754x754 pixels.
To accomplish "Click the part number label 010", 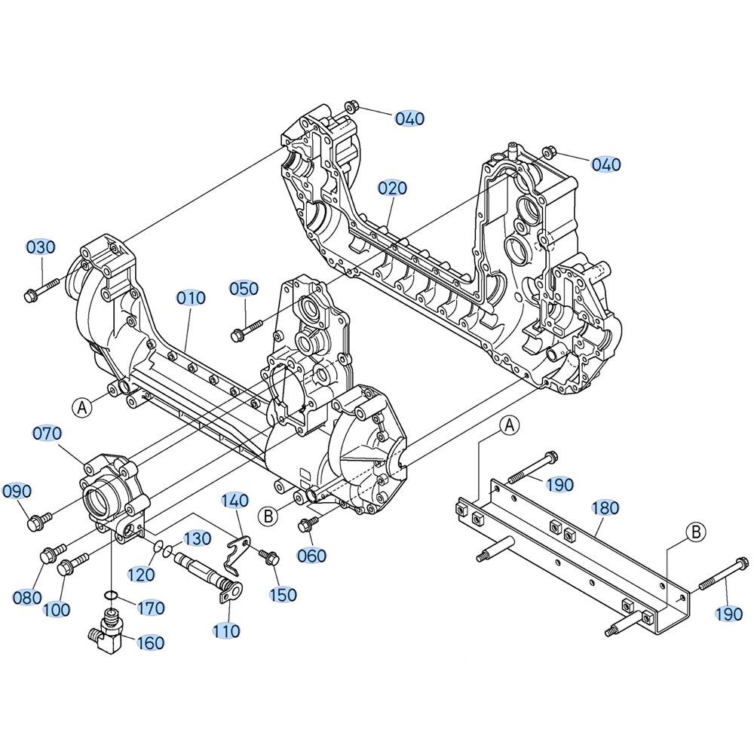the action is click(191, 298).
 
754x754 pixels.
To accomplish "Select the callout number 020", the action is click(392, 188).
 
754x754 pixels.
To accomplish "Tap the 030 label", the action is click(41, 247).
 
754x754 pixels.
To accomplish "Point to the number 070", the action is click(47, 434).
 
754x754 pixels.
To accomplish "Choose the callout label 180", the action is click(605, 507).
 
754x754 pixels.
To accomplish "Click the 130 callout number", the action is click(196, 538).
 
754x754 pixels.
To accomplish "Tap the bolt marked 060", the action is click(309, 524).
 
